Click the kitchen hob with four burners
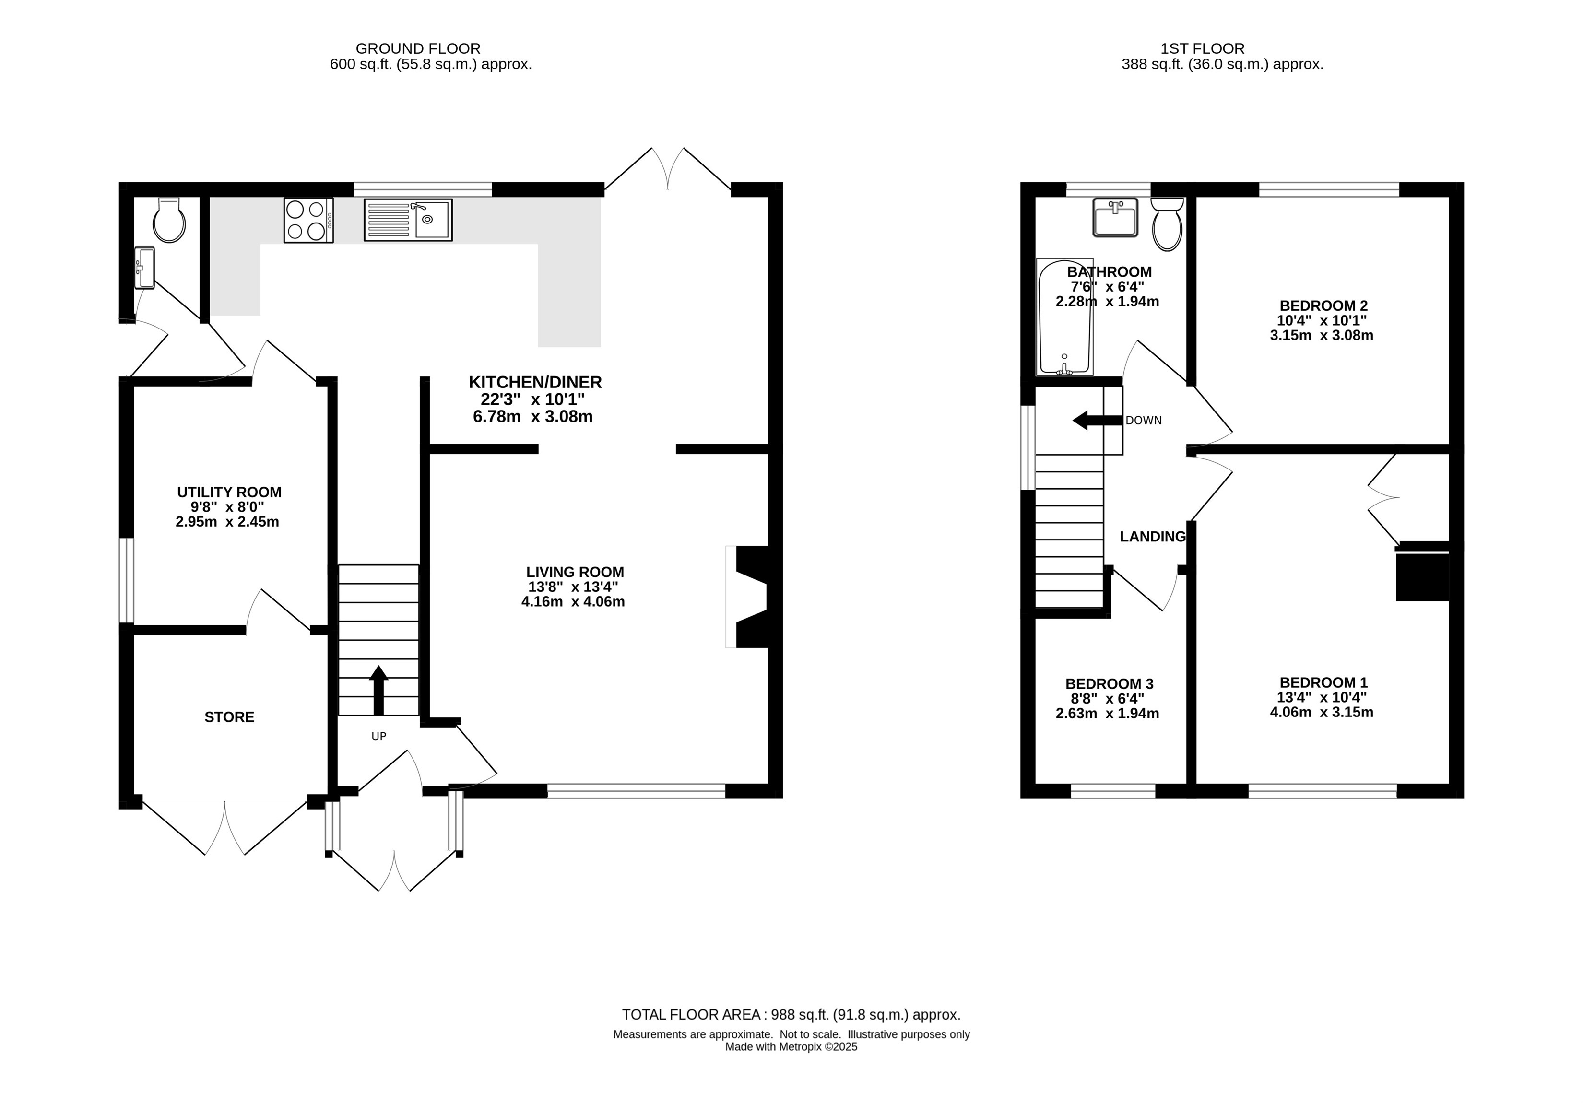(308, 221)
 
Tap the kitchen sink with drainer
(408, 220)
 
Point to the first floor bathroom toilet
(1167, 224)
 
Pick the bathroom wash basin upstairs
(1115, 217)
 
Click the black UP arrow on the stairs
(378, 690)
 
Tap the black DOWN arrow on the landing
(1098, 421)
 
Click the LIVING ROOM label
(575, 572)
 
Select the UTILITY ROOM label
(230, 492)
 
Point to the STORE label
(230, 717)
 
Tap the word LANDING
(1153, 536)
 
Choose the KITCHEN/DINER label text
(535, 382)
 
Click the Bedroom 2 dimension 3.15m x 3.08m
(1322, 336)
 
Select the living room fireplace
(747, 597)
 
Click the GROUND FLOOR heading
(418, 49)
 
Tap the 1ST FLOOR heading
(1203, 49)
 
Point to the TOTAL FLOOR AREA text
(791, 1015)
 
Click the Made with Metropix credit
(791, 1046)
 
